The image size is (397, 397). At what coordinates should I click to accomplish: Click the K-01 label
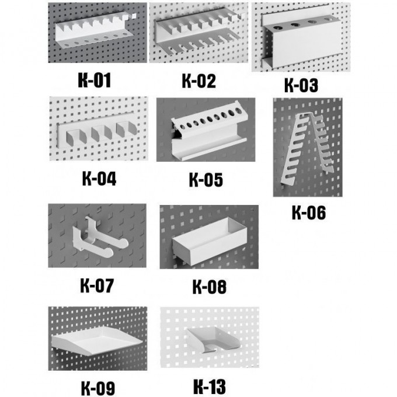[95, 80]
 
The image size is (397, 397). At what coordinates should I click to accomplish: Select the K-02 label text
[198, 81]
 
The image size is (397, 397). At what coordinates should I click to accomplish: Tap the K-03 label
[301, 85]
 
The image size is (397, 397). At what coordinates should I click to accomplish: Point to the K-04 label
[99, 179]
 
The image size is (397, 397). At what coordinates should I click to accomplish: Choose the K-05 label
[206, 180]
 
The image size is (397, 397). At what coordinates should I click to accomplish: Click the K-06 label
[309, 212]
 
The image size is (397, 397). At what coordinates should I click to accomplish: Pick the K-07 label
[97, 285]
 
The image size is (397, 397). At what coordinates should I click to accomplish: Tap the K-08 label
[210, 287]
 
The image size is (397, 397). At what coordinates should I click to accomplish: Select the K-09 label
[97, 388]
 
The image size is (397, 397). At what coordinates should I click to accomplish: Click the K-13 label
[210, 386]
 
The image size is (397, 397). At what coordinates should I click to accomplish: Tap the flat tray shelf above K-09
[97, 340]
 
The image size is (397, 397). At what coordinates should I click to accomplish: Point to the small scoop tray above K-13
[213, 339]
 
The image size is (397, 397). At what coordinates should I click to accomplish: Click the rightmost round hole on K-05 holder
[238, 110]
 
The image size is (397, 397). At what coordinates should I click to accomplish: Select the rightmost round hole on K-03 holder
[328, 19]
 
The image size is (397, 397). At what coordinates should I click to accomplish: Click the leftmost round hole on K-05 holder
[182, 127]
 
